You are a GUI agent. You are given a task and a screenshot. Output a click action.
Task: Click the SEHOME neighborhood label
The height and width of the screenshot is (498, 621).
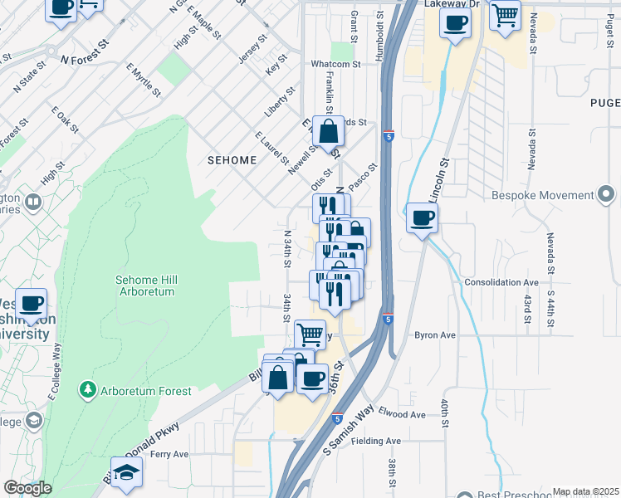click(232, 159)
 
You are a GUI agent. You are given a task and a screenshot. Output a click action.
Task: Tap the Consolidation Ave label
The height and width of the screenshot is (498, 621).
click(501, 282)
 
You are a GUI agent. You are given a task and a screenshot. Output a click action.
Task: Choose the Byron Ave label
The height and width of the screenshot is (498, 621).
click(435, 335)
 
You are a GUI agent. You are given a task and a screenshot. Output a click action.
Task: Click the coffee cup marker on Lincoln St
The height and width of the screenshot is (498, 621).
click(423, 218)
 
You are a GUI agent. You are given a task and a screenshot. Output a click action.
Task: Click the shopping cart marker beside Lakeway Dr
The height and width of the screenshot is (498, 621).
click(505, 15)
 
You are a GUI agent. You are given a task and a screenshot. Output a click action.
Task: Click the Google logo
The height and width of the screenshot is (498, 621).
click(27, 488)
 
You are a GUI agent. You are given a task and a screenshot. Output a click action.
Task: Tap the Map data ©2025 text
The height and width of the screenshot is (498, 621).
click(585, 491)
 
